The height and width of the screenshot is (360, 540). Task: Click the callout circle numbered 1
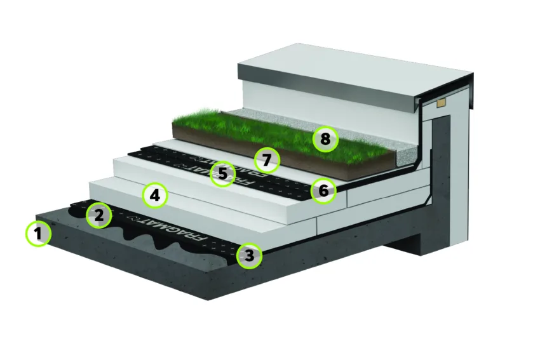pos(39,234)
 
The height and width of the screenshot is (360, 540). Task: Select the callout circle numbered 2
pos(99,216)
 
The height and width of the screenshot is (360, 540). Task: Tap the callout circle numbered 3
pos(249,256)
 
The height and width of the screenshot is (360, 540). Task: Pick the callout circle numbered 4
pos(155,196)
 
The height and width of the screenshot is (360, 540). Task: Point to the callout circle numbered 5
pos(222,174)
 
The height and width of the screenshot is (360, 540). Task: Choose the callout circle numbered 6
pos(323,190)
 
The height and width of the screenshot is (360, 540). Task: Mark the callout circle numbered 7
pos(267,161)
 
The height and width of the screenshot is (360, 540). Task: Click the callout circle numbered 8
pos(325,140)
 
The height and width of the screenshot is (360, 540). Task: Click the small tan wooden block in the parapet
pos(441,103)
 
